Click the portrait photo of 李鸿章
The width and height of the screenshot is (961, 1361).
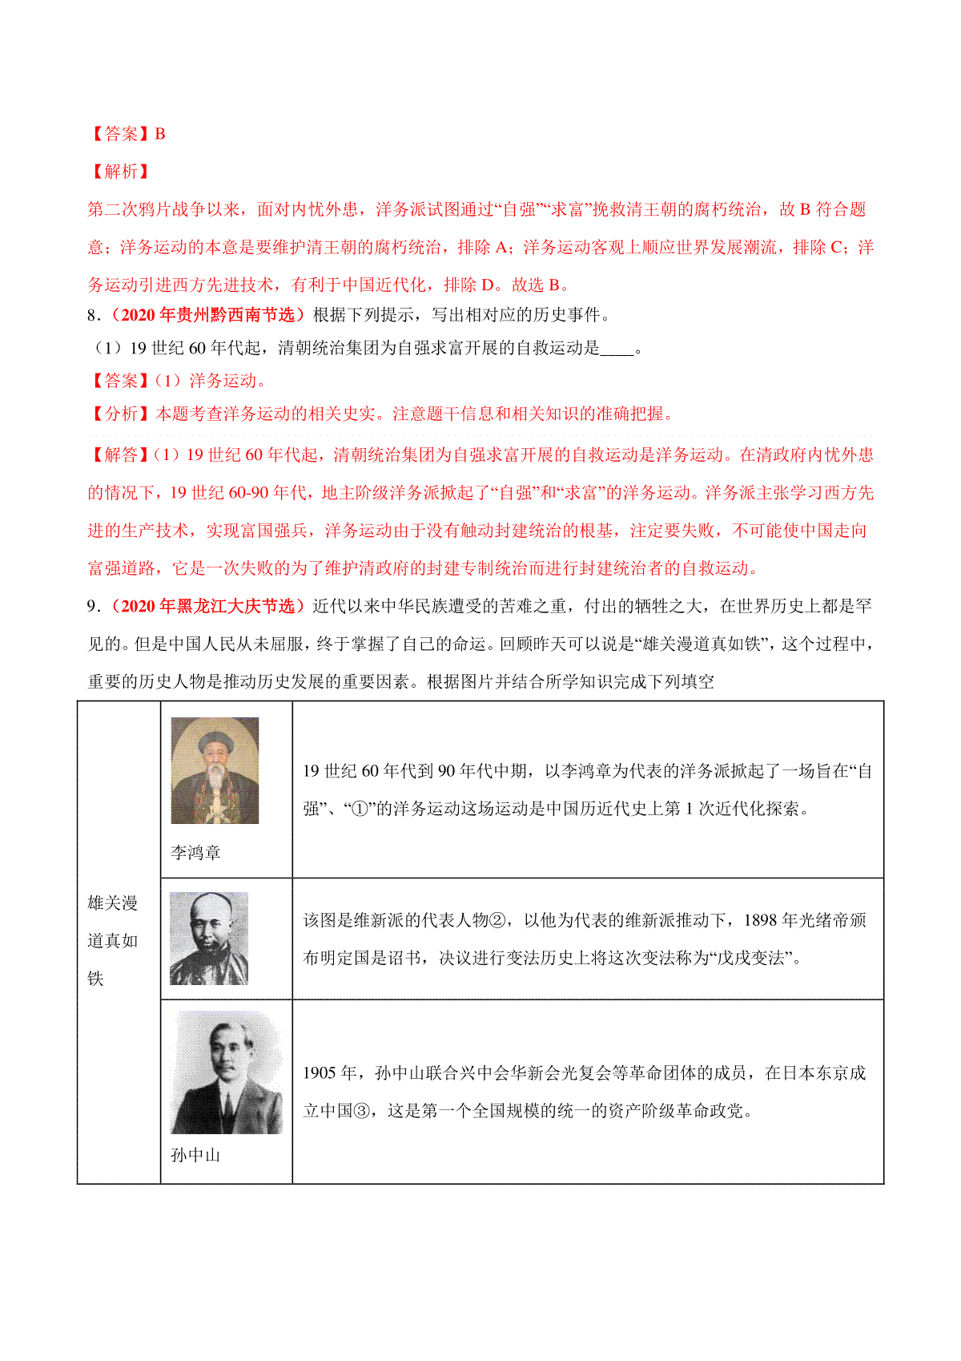pos(215,770)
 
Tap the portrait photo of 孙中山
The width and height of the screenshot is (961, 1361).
pos(227,1072)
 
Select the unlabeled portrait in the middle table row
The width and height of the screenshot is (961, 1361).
pos(209,938)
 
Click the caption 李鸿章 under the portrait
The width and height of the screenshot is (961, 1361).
pos(195,852)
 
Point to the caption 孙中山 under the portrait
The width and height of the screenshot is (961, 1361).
pos(195,1155)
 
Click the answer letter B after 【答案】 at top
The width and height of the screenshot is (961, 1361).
pos(160,134)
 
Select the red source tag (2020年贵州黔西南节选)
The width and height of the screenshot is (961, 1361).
pos(206,315)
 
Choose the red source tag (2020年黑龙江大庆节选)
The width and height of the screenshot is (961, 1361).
pos(206,606)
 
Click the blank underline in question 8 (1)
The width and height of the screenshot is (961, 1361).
pos(617,349)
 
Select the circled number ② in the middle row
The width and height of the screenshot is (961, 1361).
pos(497,920)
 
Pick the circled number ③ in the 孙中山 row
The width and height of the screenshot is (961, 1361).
pos(362,1111)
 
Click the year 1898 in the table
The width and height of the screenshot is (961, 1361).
pos(760,920)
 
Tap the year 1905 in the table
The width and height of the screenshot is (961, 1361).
pos(319,1073)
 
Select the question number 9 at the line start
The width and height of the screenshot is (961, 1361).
pos(92,606)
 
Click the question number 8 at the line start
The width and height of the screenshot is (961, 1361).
pos(92,315)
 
